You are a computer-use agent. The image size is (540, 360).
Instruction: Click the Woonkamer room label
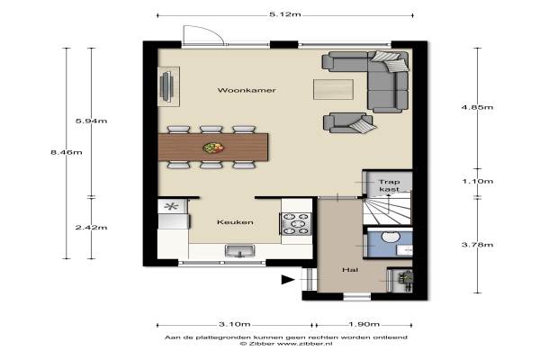coord(247,90)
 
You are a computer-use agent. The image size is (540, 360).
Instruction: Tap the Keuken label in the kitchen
coord(235,222)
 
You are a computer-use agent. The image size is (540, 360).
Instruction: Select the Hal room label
coord(350,270)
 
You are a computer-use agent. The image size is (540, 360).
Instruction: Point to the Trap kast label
coord(389,185)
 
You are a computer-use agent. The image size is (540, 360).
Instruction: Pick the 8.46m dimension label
coord(67,152)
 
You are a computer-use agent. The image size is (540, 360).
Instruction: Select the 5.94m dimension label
coord(91,121)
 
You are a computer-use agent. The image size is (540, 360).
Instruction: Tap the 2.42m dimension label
coord(91,228)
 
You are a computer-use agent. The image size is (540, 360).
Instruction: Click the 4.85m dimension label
coord(477,107)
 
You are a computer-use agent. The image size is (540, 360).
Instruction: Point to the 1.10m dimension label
coord(477,181)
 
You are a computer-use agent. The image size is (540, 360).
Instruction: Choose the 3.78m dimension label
coord(477,245)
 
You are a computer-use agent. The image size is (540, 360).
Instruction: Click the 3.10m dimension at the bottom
coord(235,324)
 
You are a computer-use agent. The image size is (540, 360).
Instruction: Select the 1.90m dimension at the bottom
coord(364,324)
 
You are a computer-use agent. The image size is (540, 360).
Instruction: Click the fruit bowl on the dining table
coord(213,148)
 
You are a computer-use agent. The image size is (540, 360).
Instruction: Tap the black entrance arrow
coord(288,279)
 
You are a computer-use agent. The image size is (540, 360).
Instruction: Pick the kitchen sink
coord(240,251)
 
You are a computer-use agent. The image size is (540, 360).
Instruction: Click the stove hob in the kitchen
coord(296,224)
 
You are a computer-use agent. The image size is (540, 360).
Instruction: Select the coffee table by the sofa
coord(333,89)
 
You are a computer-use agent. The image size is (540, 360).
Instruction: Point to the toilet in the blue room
coord(391,237)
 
